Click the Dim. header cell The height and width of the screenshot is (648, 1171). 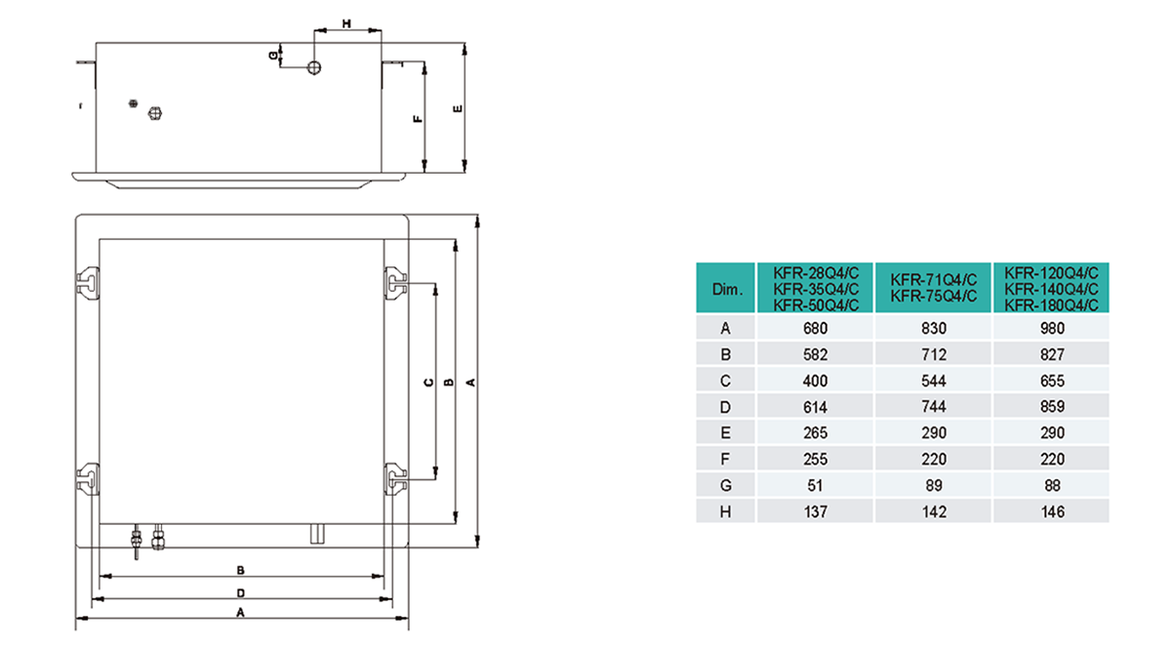[727, 290]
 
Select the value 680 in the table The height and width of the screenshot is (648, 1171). [815, 329]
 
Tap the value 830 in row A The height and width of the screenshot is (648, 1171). [933, 329]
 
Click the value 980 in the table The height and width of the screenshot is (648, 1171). [1052, 329]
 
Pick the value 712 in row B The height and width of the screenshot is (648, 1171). [933, 355]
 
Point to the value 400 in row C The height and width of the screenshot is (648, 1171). [815, 381]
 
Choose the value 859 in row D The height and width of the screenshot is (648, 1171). [1052, 407]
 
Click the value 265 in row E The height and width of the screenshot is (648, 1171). [815, 433]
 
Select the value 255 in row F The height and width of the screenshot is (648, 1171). [815, 459]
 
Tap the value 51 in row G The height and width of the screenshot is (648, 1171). [815, 485]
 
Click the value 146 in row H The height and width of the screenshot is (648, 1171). [1052, 511]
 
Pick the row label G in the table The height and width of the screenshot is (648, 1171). [727, 485]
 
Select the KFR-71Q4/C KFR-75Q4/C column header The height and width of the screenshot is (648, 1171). [933, 289]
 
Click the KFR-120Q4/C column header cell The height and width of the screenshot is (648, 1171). [1052, 289]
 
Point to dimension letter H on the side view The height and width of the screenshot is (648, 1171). [346, 21]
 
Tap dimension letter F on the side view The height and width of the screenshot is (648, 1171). [417, 118]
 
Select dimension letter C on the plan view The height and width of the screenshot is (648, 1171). [428, 384]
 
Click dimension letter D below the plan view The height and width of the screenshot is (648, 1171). [240, 592]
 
